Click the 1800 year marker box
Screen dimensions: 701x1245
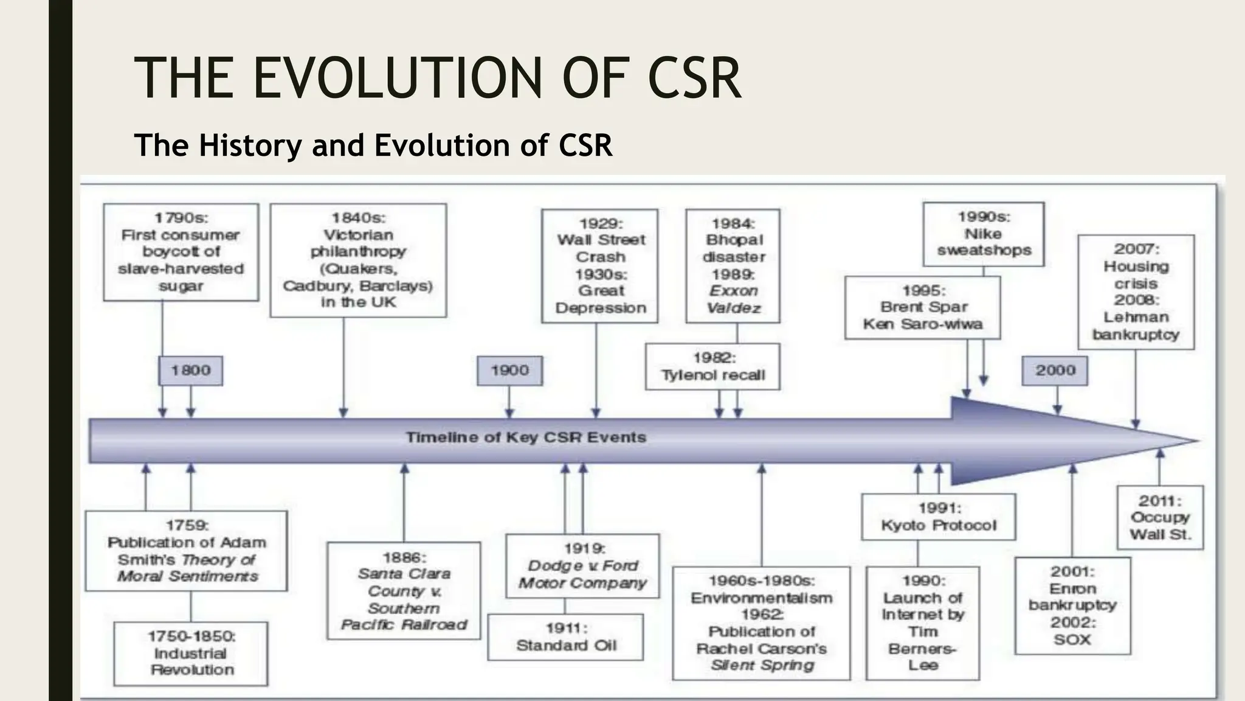tap(190, 371)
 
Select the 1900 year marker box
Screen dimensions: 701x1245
tap(509, 371)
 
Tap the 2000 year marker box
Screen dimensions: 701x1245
tap(1055, 371)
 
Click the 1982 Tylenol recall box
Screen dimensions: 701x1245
tap(712, 367)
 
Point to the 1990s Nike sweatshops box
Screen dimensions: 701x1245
tap(984, 234)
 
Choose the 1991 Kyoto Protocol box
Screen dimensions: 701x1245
tap(939, 517)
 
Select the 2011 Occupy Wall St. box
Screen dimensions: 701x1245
tap(1160, 518)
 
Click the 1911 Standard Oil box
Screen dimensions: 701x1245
tap(565, 637)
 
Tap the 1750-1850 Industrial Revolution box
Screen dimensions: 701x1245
tap(191, 654)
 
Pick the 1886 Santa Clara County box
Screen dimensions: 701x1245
tap(404, 591)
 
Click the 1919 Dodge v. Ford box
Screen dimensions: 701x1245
tap(582, 567)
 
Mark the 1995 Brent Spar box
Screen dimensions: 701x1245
tap(922, 308)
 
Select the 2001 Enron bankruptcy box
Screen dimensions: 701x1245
tap(1072, 605)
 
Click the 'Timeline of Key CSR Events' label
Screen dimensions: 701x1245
tap(525, 438)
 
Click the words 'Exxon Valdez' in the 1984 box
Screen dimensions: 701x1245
tap(733, 299)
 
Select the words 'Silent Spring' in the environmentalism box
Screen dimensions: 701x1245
tap(762, 665)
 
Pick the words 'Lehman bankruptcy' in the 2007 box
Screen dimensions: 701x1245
tap(1136, 326)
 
